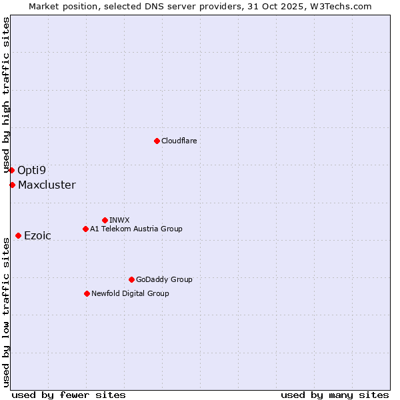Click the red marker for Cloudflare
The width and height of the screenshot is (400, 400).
tap(157, 141)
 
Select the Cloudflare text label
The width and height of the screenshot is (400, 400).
tap(179, 141)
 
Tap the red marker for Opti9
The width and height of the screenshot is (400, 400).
tap(11, 170)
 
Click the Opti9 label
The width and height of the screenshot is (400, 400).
tap(31, 170)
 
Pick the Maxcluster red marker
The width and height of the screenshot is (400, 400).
tap(12, 185)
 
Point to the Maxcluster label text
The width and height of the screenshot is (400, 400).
tap(47, 185)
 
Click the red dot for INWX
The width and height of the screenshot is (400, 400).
tap(105, 220)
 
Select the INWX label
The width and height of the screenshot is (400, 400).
tap(119, 220)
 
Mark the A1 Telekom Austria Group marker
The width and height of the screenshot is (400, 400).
tap(85, 229)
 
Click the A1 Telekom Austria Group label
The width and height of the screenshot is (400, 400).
tap(136, 229)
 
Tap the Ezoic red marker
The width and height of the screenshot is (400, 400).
tap(18, 235)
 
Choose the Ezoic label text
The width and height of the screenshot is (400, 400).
tap(37, 235)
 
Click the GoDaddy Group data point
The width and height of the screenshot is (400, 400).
tap(131, 279)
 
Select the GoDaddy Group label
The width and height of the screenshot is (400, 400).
tap(164, 279)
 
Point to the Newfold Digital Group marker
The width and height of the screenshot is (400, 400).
tap(87, 293)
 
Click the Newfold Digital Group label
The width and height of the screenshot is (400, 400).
tap(130, 293)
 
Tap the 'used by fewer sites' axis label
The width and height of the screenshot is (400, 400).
tap(69, 395)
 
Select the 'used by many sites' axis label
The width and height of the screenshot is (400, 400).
tap(335, 395)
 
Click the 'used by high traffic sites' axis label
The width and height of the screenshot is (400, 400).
tap(6, 95)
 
